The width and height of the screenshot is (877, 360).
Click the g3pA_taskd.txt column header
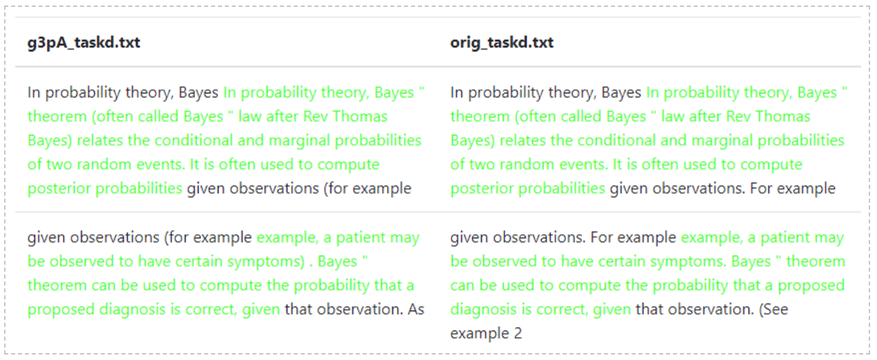83,43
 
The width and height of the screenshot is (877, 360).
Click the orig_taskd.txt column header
502,43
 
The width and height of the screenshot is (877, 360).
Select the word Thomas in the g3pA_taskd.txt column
360,116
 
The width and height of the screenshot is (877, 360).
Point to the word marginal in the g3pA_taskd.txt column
299,140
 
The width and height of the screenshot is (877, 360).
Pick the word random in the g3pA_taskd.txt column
104,164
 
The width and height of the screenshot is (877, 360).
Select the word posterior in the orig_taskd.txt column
482,189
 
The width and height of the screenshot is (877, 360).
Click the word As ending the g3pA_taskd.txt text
416,309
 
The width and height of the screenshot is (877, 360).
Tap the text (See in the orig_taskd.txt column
773,309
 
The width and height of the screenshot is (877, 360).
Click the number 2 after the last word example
518,333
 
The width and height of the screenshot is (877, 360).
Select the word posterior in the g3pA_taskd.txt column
59,189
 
